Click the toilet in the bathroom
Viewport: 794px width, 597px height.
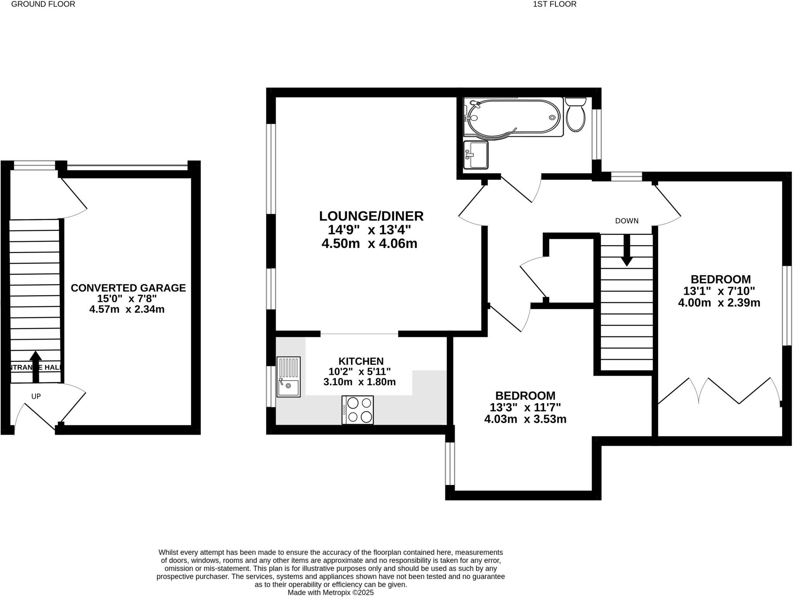point(575,115)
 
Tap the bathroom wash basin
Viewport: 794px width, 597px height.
point(476,155)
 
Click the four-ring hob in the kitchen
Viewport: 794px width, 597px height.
point(357,410)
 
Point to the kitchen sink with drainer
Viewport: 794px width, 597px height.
point(288,377)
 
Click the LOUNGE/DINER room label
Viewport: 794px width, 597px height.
point(371,216)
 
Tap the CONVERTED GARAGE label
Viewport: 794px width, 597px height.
point(128,288)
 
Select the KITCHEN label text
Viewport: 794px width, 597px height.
point(361,361)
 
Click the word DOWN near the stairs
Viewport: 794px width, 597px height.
point(627,221)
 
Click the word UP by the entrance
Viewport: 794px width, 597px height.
point(36,396)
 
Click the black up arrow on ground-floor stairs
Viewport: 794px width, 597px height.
point(36,366)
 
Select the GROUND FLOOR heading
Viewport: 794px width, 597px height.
point(43,4)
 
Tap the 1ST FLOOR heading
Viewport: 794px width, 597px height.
point(554,4)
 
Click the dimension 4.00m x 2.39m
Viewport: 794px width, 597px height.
point(719,303)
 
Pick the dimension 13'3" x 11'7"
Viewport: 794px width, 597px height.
point(525,407)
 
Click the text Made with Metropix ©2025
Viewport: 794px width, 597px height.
point(330,592)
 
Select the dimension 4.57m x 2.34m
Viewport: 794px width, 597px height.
point(127,309)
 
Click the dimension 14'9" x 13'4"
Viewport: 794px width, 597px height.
point(369,230)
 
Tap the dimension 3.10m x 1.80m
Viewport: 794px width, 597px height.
point(359,382)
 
